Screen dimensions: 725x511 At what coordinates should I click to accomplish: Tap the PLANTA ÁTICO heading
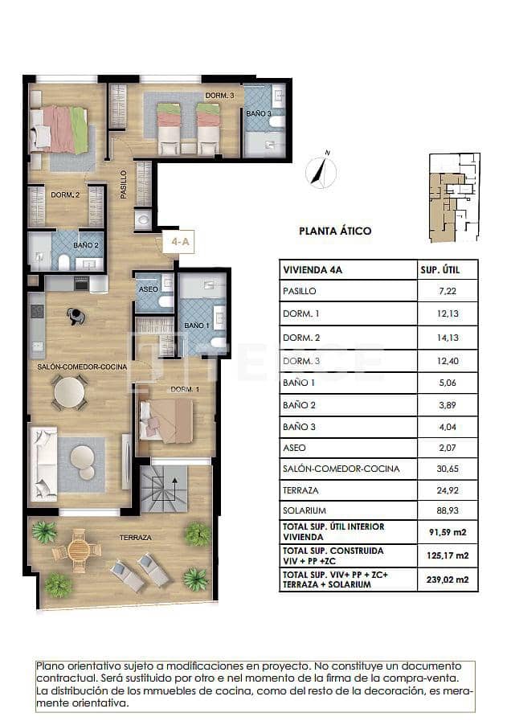tap(335, 231)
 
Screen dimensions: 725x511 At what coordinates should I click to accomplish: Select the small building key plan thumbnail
tap(454, 197)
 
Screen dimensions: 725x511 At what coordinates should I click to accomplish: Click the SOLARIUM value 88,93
tap(448, 510)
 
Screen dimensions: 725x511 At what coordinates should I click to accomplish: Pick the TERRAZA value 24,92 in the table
tap(448, 489)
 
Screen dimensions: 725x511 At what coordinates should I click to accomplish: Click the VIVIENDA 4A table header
tap(313, 270)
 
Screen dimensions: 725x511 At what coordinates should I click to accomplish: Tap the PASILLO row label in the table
tap(300, 291)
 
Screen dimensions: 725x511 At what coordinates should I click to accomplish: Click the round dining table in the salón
tap(68, 392)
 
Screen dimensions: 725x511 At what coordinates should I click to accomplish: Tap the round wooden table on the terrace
tap(79, 550)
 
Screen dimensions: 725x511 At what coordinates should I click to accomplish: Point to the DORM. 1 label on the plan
tap(185, 390)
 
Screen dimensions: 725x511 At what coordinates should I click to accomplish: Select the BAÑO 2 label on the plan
tap(85, 245)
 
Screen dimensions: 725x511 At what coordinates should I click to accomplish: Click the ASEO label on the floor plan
tap(149, 289)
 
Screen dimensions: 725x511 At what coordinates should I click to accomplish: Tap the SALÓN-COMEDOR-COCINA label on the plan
tap(82, 367)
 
